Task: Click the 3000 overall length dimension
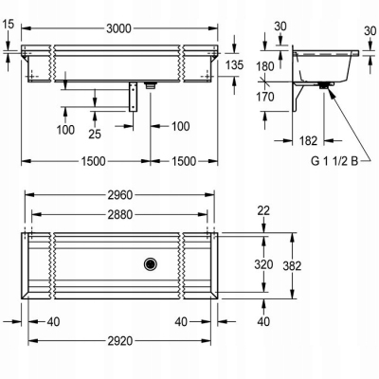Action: (118, 28)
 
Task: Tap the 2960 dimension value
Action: (120, 195)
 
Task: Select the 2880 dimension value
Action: (120, 215)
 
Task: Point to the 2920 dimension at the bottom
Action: (120, 341)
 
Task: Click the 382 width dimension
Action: (292, 266)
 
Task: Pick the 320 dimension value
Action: (263, 264)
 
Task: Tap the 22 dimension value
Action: (263, 210)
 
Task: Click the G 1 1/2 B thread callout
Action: (334, 161)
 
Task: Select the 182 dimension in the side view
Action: (308, 141)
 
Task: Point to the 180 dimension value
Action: (265, 66)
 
